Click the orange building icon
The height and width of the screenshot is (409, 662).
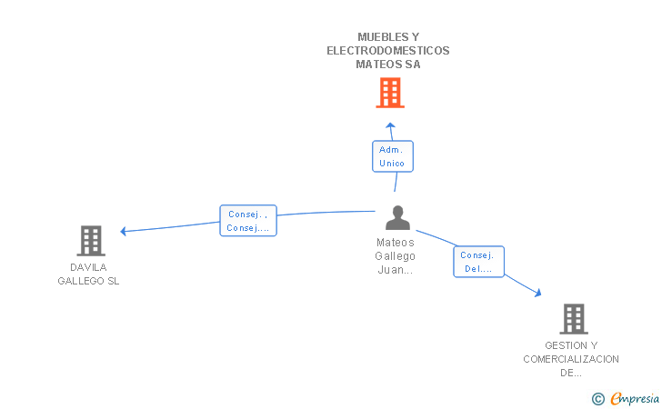(390, 93)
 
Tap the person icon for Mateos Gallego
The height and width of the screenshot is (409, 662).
(397, 218)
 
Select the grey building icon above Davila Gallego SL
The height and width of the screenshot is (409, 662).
(91, 241)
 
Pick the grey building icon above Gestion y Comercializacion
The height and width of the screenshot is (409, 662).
(574, 319)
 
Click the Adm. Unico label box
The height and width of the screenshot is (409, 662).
(393, 156)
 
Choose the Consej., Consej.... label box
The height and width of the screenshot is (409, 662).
(248, 220)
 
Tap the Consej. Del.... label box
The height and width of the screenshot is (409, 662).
(478, 262)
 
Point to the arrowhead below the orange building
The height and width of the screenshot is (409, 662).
(390, 125)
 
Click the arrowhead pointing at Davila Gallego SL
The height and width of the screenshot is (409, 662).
(124, 231)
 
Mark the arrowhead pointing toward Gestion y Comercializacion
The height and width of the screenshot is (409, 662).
(538, 293)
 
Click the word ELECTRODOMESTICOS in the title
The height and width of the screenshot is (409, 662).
(388, 51)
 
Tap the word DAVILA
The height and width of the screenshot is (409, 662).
(88, 267)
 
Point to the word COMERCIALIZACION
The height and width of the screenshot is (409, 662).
(571, 359)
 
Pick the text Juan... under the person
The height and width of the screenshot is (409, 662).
(396, 270)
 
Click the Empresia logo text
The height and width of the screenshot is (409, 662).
(635, 398)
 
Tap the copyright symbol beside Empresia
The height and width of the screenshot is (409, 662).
(598, 399)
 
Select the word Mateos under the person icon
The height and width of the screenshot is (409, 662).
(396, 243)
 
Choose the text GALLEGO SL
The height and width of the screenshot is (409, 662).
(88, 281)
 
